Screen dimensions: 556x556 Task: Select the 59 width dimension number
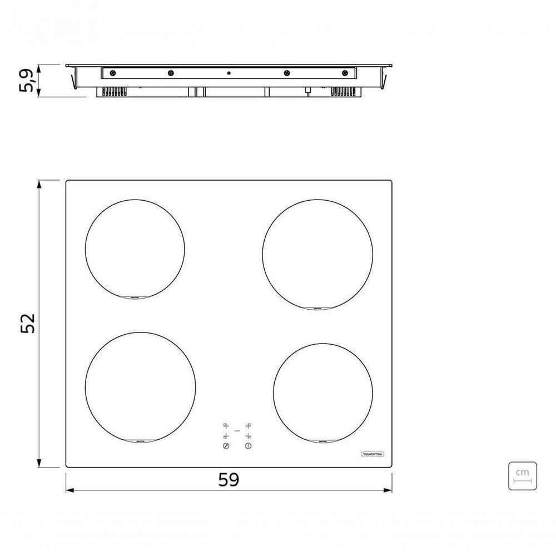click(x=228, y=479)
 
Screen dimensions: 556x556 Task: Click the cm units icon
click(x=523, y=475)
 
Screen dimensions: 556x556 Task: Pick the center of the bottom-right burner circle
click(x=322, y=393)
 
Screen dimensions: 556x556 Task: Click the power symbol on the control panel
click(x=248, y=446)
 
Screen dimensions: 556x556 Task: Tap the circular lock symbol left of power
click(x=226, y=446)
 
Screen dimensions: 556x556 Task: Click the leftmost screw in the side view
click(x=113, y=73)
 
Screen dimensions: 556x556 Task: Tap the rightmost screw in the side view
click(x=345, y=73)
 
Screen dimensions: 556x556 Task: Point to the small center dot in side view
click(x=229, y=73)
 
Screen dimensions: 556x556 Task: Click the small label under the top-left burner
click(x=135, y=298)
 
